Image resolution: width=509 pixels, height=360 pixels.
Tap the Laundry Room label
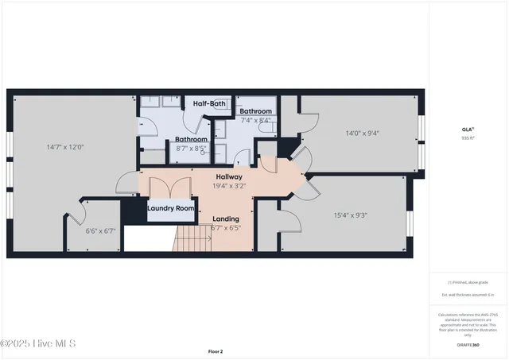[x=171, y=208]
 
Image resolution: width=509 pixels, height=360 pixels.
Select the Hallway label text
[x=229, y=176]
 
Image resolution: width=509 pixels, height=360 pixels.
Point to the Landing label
[x=226, y=219]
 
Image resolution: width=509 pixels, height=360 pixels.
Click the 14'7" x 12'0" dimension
[x=65, y=146]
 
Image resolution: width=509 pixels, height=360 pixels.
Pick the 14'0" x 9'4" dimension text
[x=362, y=134]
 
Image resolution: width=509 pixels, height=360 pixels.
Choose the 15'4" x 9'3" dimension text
[x=350, y=215]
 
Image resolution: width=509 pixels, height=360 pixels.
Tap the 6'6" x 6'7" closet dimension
[x=100, y=231]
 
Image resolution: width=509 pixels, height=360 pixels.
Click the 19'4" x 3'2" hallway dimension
[x=229, y=186]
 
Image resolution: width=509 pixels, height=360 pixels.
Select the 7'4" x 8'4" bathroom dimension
[x=254, y=120]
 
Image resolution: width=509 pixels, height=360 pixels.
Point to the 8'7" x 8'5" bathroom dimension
[x=191, y=148]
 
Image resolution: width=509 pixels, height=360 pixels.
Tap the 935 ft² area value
[x=468, y=137]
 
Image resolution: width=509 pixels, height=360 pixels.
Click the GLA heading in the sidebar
[x=468, y=129]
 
